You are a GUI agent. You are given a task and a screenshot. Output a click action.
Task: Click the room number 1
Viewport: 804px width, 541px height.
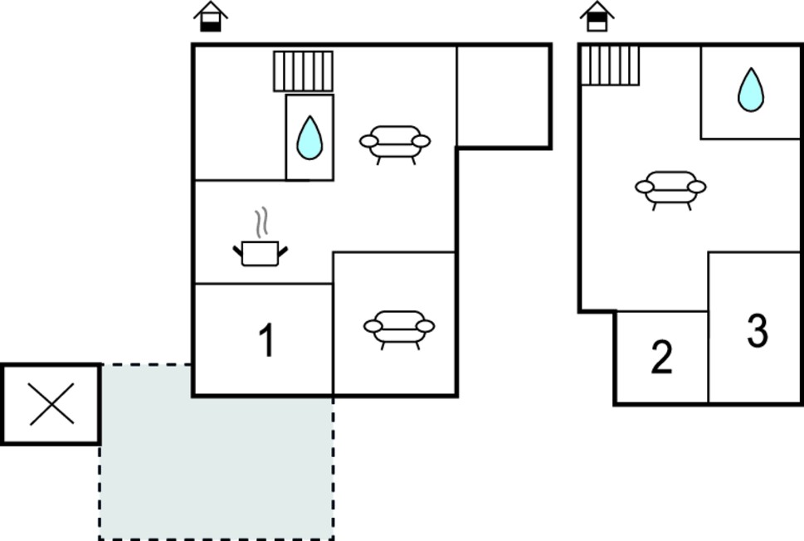(266, 340)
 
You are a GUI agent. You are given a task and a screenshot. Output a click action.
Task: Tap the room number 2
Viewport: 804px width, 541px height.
(661, 357)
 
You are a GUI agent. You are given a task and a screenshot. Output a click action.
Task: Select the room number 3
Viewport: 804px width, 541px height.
(758, 331)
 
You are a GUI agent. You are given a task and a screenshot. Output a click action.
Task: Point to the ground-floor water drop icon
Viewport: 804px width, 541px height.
(309, 138)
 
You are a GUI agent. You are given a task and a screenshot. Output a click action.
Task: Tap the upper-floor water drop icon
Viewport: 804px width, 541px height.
(751, 90)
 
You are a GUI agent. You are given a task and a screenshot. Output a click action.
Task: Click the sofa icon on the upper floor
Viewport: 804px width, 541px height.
(670, 191)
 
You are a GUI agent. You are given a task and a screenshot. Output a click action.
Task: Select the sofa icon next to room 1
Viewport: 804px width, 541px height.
(399, 330)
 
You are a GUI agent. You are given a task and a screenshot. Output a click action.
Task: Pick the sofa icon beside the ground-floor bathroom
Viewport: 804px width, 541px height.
(395, 145)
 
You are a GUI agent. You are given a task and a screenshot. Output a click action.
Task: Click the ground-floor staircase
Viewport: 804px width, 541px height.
(303, 71)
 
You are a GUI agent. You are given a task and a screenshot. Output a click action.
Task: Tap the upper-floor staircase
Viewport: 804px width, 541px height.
(610, 65)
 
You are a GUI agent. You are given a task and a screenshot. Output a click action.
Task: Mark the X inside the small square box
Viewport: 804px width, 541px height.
(51, 404)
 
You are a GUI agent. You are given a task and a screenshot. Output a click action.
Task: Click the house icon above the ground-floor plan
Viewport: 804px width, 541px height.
(210, 17)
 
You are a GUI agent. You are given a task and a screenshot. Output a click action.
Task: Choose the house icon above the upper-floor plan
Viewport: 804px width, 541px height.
(597, 17)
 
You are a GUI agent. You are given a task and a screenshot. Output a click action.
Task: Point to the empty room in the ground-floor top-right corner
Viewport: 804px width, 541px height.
(504, 96)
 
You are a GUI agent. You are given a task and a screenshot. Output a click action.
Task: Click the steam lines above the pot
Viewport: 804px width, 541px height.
(262, 222)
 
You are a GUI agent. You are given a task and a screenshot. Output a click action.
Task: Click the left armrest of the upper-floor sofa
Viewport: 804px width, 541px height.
(645, 188)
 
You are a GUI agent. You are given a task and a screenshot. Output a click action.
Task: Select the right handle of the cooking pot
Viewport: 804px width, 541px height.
(283, 251)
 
